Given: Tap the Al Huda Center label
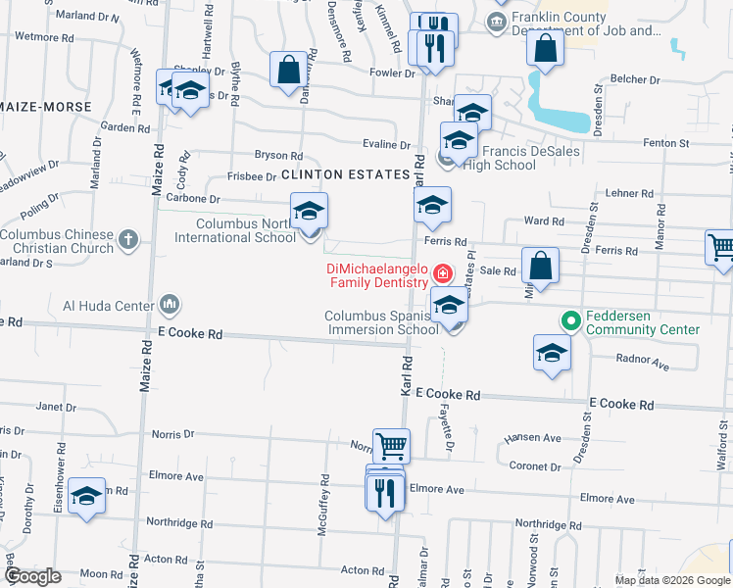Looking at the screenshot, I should (x=108, y=304).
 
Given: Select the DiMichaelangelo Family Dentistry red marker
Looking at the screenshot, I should (x=443, y=272).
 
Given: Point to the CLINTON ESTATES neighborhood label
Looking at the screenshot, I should (x=344, y=174).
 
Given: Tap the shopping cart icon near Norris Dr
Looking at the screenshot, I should (x=391, y=446).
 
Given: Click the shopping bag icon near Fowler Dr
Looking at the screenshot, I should (x=288, y=71).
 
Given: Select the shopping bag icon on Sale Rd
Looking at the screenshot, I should (x=540, y=265).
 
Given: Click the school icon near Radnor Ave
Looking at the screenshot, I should (x=552, y=353).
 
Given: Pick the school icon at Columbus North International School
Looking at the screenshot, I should (x=310, y=212).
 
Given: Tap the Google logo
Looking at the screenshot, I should (x=32, y=576).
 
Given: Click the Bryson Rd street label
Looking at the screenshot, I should (x=278, y=156).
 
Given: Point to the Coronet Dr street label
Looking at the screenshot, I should (x=535, y=467).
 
